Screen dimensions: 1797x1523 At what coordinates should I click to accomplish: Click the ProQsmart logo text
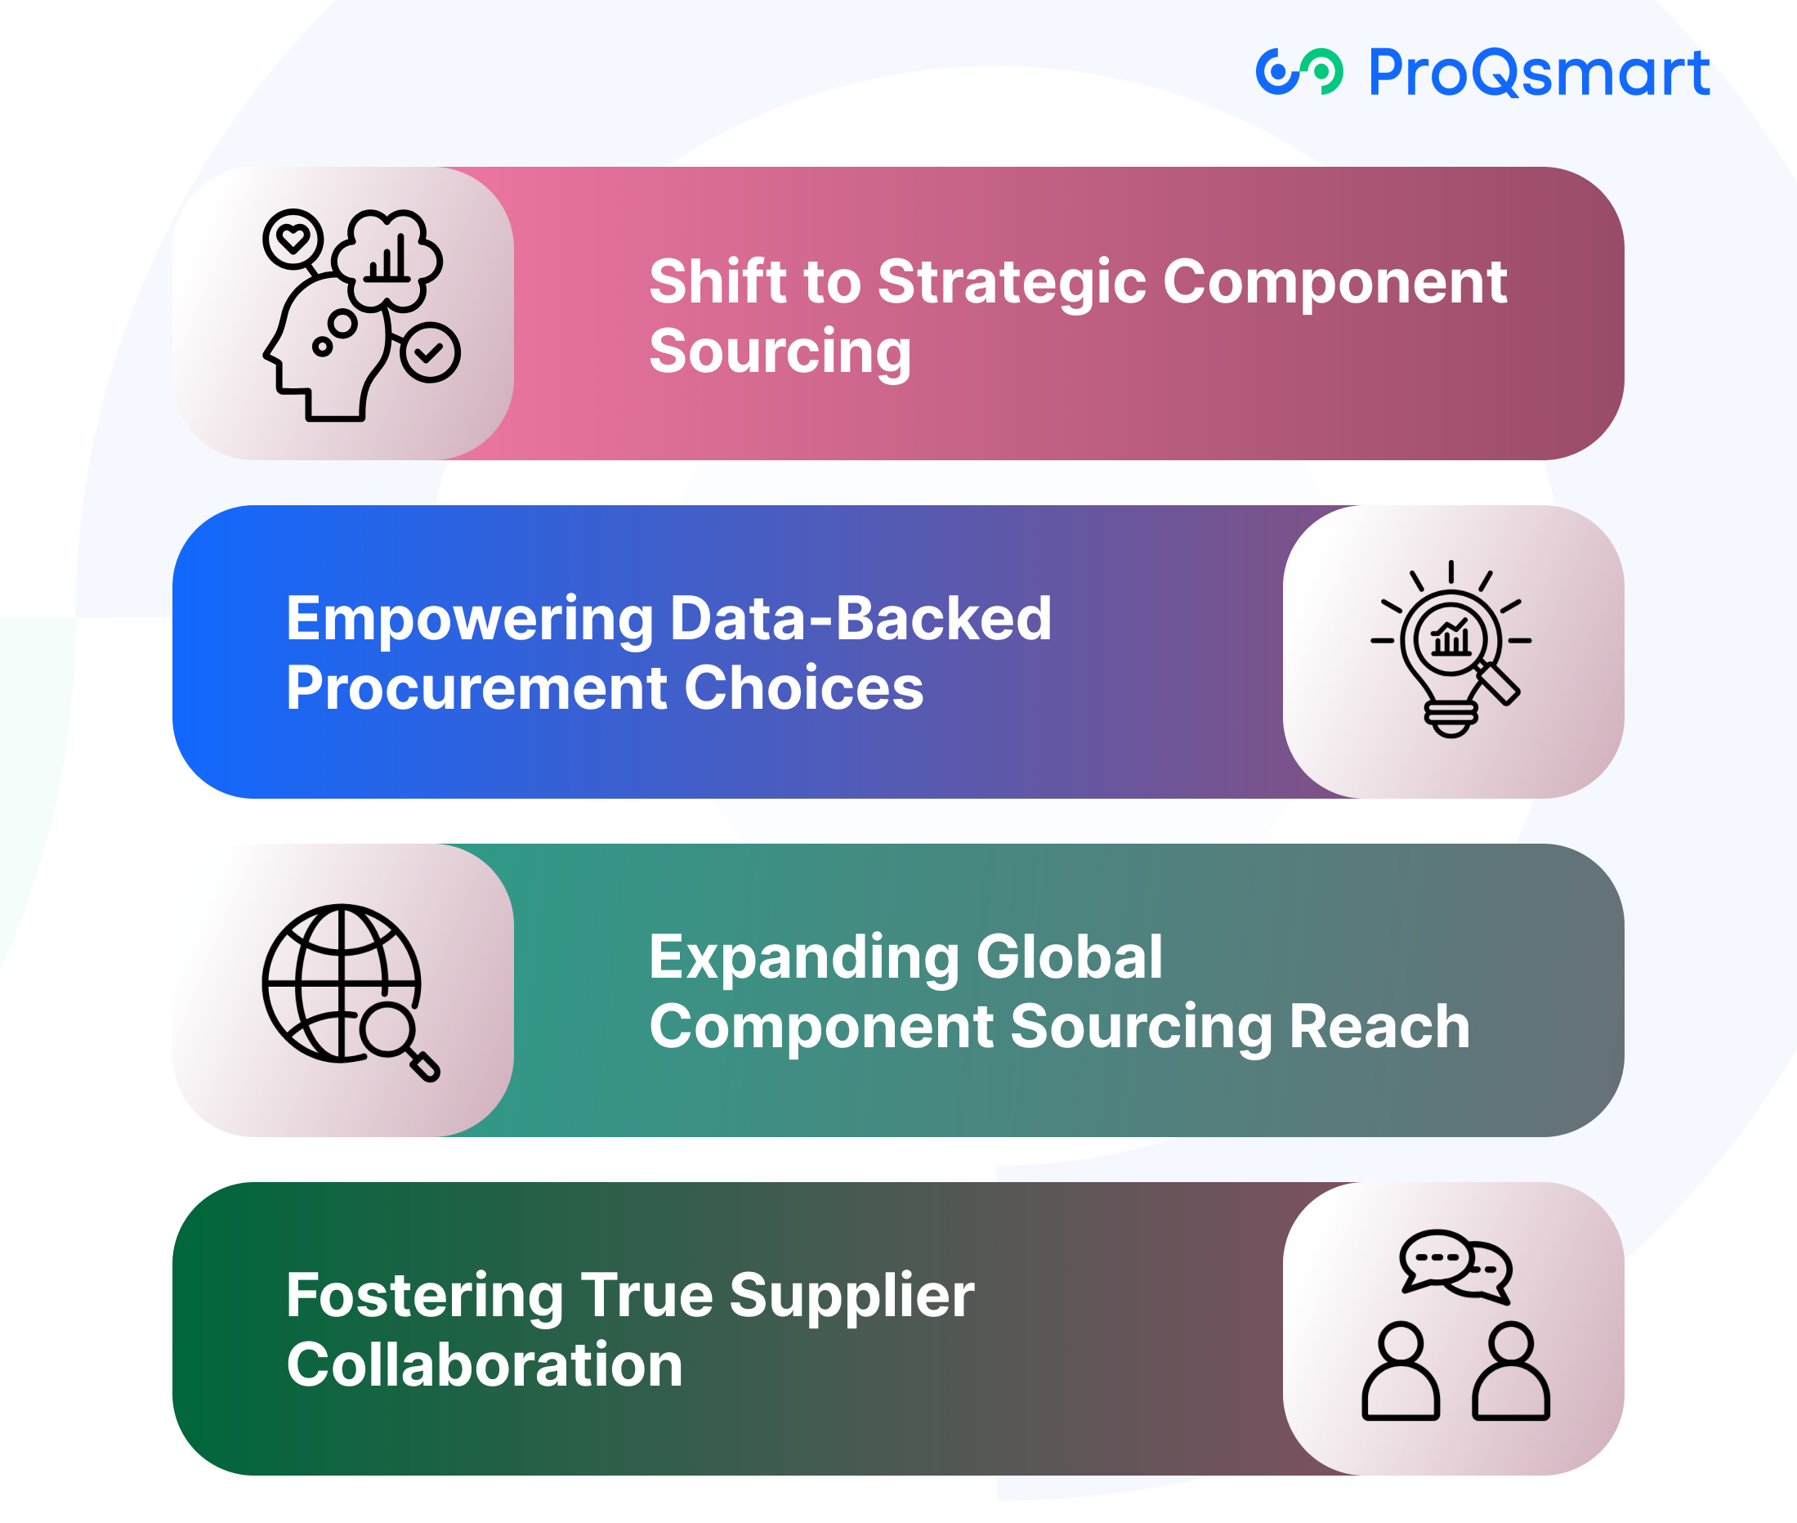1539,73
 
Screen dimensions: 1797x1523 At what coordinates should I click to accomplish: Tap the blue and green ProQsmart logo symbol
1299,71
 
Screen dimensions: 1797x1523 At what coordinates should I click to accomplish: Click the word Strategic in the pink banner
1012,284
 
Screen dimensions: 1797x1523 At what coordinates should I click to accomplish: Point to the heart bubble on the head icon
293,238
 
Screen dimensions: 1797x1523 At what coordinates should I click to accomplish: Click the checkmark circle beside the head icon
430,352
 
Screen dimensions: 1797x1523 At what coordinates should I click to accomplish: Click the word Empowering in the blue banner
471,620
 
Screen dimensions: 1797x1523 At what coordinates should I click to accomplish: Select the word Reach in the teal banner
1379,1027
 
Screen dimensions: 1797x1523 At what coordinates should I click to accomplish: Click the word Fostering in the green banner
425,1297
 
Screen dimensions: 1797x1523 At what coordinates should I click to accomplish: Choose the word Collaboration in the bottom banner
485,1365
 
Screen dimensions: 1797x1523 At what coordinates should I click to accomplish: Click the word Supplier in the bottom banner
852,1297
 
